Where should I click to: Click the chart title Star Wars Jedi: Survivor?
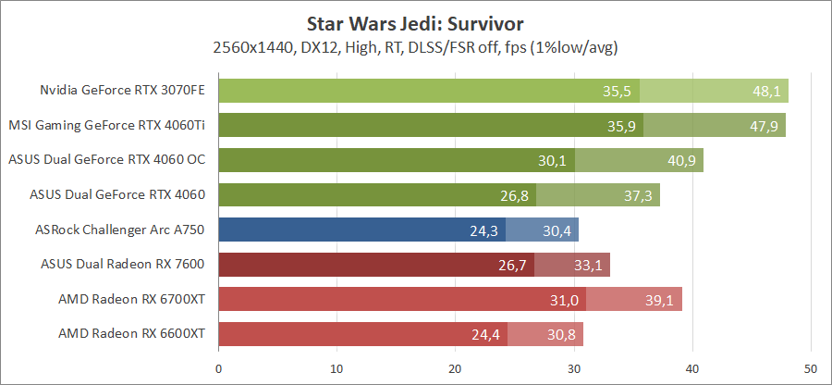coord(415,19)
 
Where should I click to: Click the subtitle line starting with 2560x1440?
coord(415,46)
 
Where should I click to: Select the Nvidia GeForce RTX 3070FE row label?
coord(122,91)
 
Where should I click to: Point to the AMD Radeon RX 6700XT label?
coord(131,299)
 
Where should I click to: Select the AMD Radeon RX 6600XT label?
coord(131,333)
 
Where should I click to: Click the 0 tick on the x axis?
coord(218,367)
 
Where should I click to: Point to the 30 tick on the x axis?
coord(574,367)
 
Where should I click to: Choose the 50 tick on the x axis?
coord(811,367)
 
